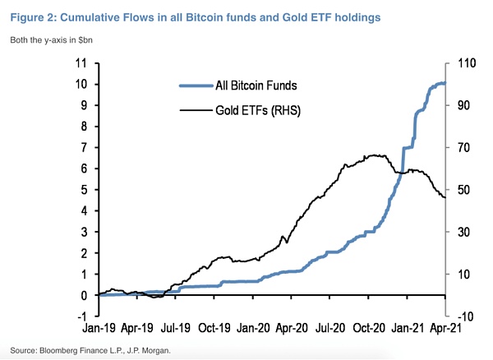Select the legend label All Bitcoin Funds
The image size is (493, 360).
[256, 84]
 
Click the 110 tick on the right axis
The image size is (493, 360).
[460, 62]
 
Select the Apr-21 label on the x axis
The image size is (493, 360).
[444, 327]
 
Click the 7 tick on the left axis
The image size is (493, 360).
[83, 147]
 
